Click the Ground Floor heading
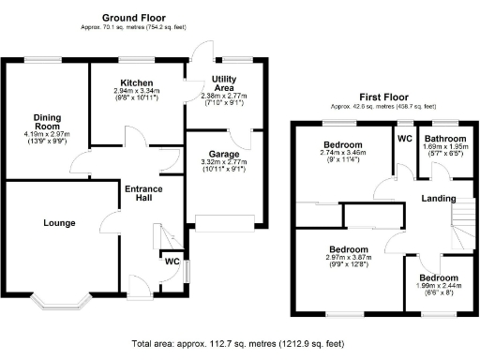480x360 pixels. [x=127, y=18]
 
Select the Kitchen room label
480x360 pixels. [x=136, y=82]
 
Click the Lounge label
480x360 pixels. [x=58, y=222]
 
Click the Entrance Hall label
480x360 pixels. [x=143, y=196]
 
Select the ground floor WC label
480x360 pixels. [x=172, y=262]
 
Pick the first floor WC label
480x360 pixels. [x=404, y=139]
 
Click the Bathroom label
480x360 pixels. [x=444, y=139]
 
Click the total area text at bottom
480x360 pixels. [x=239, y=344]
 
